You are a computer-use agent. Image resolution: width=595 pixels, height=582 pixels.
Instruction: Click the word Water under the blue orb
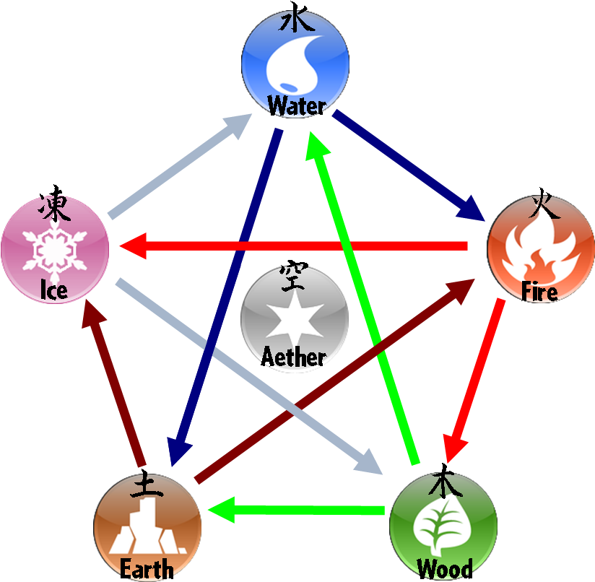pos(296,107)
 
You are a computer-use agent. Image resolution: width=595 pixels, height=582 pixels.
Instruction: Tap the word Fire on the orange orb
pos(539,292)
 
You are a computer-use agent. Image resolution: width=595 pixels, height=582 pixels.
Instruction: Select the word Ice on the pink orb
pos(54,291)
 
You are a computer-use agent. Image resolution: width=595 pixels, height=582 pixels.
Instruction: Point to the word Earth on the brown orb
pos(147,569)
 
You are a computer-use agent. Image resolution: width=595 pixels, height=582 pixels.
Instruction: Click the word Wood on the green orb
pos(445,569)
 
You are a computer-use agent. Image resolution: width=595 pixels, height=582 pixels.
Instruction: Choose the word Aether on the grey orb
pos(294,357)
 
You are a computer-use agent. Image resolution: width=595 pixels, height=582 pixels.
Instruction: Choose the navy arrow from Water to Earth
pos(224,296)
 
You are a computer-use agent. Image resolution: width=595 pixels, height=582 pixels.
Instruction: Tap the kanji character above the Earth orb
pos(147,488)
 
